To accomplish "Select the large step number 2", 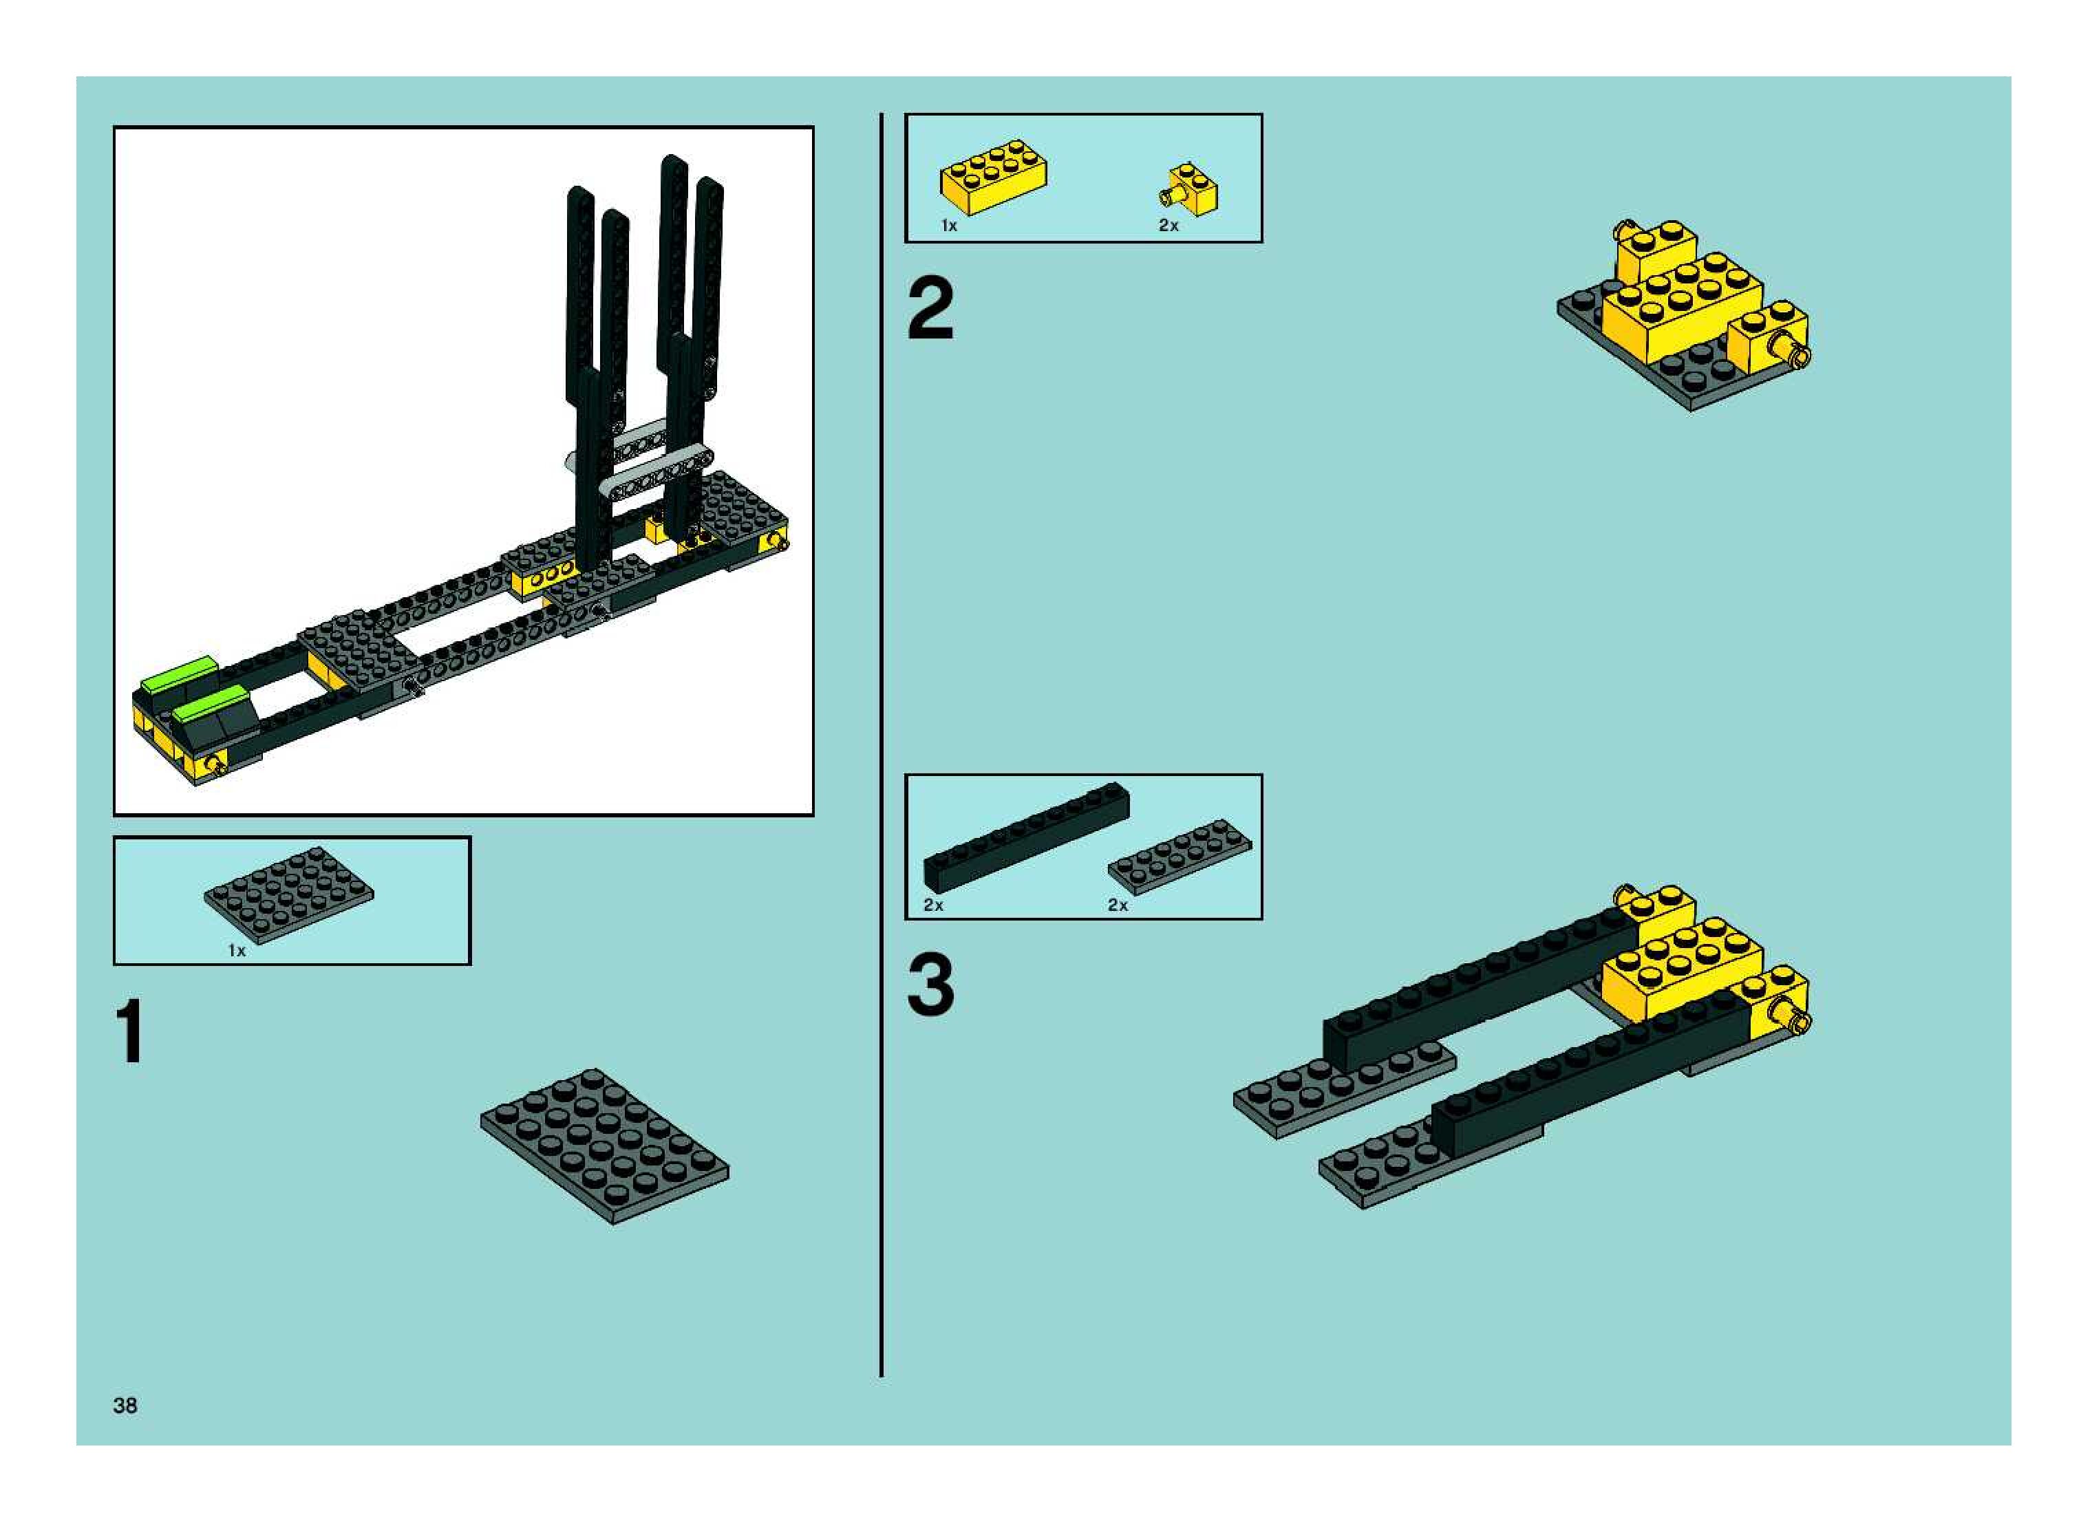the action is click(930, 310).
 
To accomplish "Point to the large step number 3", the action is click(930, 986).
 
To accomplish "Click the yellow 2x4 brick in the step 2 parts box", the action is click(993, 178).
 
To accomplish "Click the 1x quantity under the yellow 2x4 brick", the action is click(949, 226).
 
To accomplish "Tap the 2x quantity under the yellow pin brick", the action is click(1169, 226).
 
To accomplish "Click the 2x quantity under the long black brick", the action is click(933, 905).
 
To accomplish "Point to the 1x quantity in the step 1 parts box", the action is click(237, 951).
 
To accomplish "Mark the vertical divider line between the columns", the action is click(882, 744).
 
